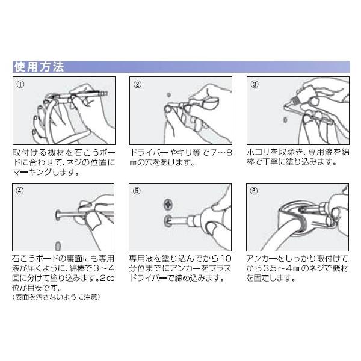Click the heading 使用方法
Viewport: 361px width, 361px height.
[x=39, y=67]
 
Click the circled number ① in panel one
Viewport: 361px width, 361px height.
[x=20, y=84]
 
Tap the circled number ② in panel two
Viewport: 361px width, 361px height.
[x=137, y=84]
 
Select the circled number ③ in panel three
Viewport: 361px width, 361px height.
[x=255, y=84]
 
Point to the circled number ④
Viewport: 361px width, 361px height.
[x=20, y=191]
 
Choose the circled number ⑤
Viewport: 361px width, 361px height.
[x=137, y=191]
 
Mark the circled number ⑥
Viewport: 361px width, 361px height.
[x=254, y=191]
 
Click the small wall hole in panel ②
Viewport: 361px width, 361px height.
[x=168, y=94]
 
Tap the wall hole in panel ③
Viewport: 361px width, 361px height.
[x=285, y=120]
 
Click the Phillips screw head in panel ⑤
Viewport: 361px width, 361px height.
[x=168, y=205]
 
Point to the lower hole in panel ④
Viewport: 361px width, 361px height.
[x=58, y=246]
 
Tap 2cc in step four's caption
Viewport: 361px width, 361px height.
[x=107, y=279]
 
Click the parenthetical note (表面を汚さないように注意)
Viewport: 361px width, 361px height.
[x=57, y=297]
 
